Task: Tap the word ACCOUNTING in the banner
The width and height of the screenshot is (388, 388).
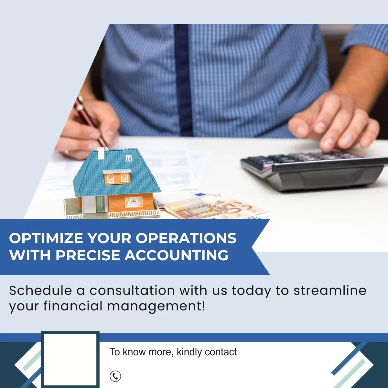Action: [x=177, y=255]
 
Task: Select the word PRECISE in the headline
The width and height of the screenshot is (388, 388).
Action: [x=88, y=255]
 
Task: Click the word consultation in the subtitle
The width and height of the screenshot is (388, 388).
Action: [x=132, y=291]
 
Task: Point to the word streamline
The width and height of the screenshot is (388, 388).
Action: [x=330, y=291]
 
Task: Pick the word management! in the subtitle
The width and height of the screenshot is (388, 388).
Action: [x=156, y=306]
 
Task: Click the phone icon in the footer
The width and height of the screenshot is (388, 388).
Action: [x=115, y=376]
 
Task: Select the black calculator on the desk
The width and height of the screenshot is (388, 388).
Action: [x=314, y=171]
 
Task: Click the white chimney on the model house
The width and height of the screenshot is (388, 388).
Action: [x=101, y=154]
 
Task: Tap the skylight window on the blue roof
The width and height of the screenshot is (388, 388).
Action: [x=129, y=158]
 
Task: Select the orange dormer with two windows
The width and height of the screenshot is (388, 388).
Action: [x=117, y=177]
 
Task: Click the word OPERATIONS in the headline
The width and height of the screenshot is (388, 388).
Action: [x=186, y=238]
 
